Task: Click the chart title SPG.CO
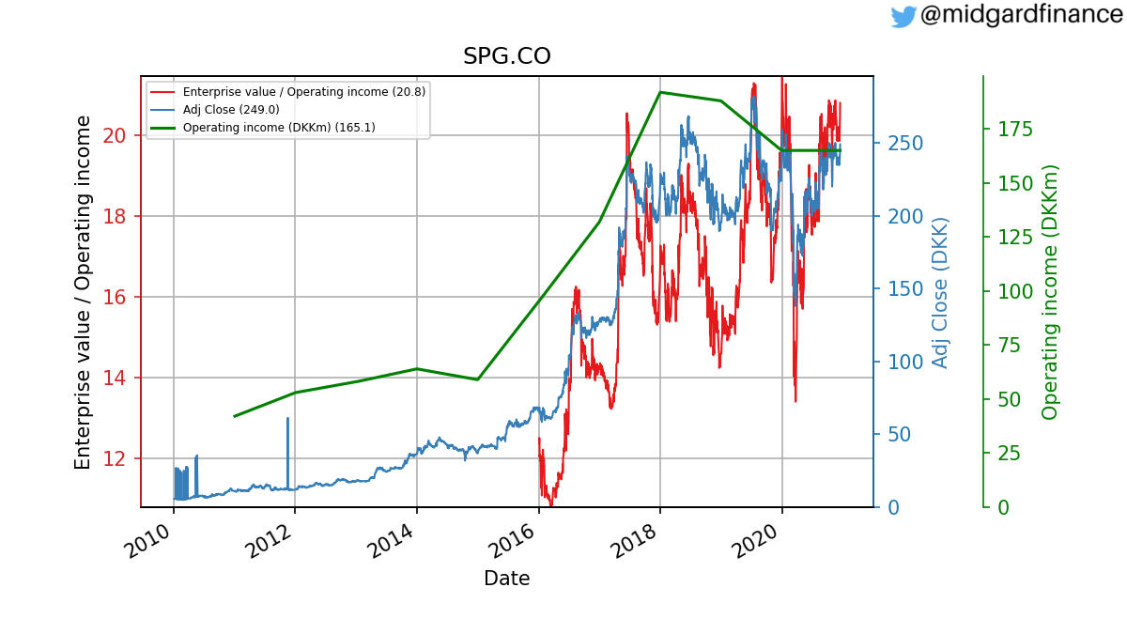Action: click(x=506, y=56)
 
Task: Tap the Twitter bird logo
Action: click(x=903, y=16)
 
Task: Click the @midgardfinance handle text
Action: click(x=1022, y=14)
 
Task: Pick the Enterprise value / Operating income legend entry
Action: click(x=287, y=92)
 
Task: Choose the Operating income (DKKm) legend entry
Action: click(x=263, y=128)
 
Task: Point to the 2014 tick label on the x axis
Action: click(x=392, y=541)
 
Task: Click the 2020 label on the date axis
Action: click(x=757, y=541)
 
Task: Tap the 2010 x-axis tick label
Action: click(x=149, y=541)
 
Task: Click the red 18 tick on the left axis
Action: click(x=115, y=216)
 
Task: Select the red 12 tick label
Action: click(x=115, y=459)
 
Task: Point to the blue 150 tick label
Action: click(x=905, y=289)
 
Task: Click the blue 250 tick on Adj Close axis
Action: click(x=905, y=144)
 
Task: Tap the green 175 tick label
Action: click(x=1015, y=130)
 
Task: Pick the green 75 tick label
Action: click(x=1010, y=346)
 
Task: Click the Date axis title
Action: click(x=506, y=579)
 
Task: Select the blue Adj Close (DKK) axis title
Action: click(x=939, y=293)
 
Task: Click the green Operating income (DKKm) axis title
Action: click(x=1050, y=292)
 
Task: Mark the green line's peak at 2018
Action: click(x=660, y=93)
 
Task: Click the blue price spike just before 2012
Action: click(x=287, y=453)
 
